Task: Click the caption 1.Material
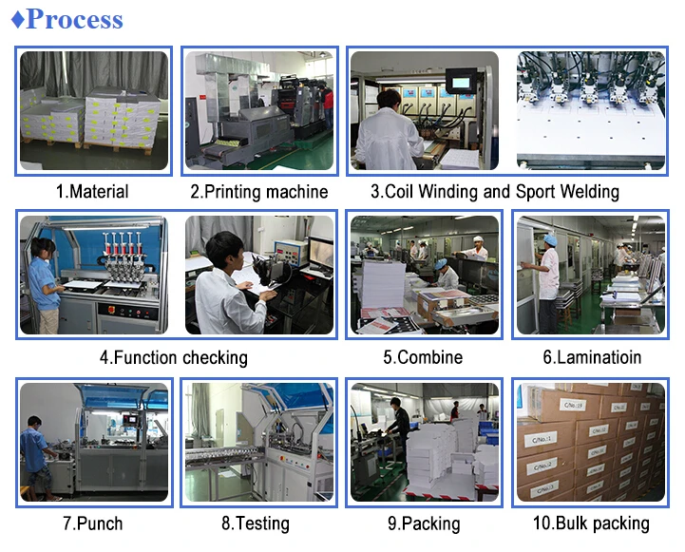pos(92,192)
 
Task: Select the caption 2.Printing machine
pos(258,192)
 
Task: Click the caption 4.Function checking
pos(173,358)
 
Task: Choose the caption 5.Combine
pos(423,358)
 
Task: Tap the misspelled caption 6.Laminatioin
pos(592,358)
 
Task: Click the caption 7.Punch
pos(92,523)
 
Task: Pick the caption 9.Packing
pos(423,523)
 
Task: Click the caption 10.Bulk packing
pos(591,523)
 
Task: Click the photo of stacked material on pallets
pos(94,111)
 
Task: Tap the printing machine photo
pos(258,111)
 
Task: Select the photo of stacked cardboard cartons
pos(591,442)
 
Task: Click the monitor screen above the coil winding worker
pos(462,83)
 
